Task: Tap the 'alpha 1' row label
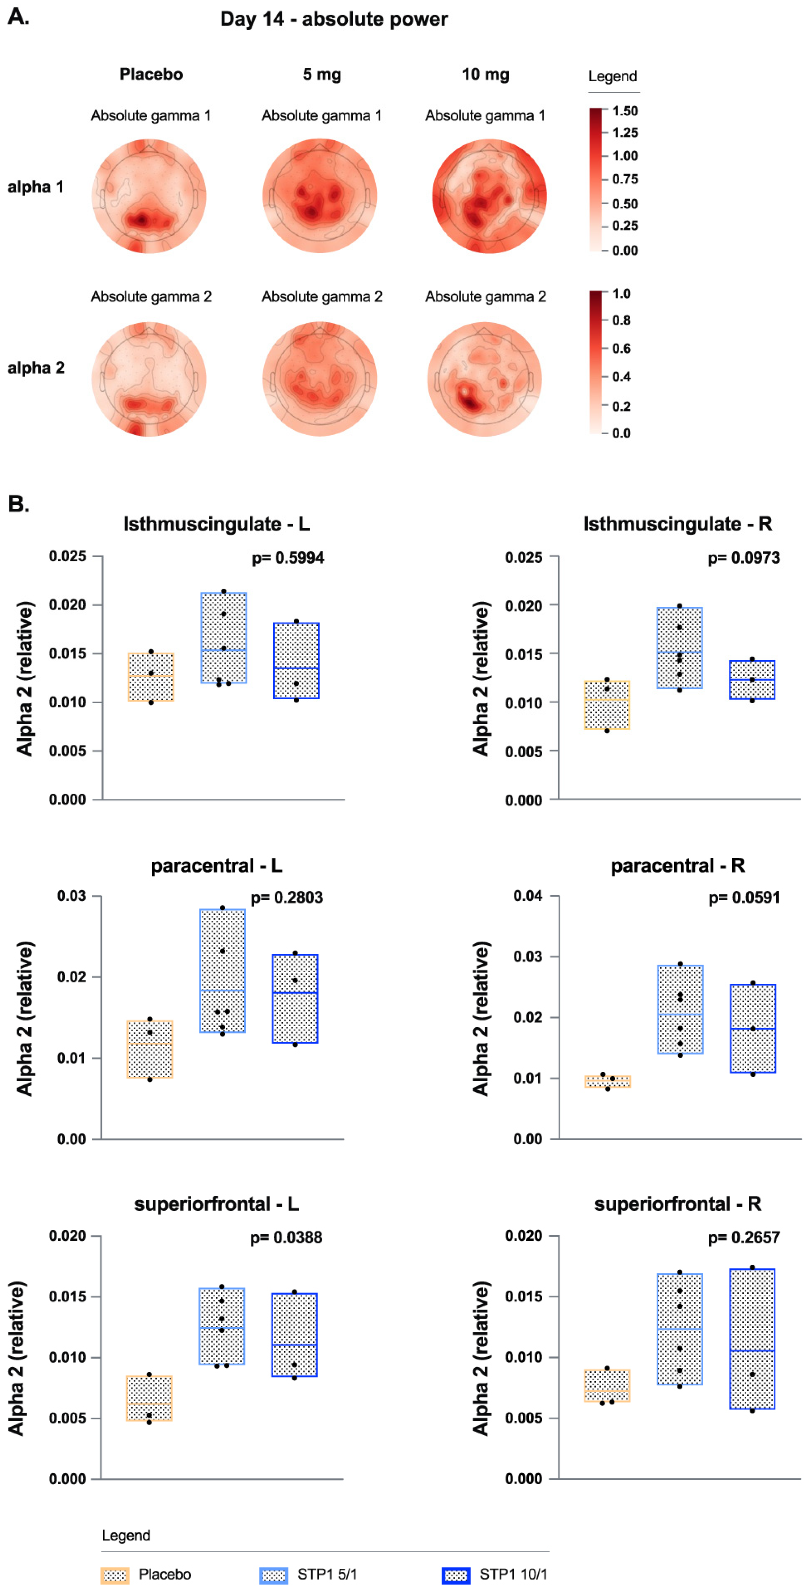pyautogui.click(x=36, y=186)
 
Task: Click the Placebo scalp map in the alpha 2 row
pyautogui.click(x=149, y=379)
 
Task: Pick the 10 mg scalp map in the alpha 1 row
pyautogui.click(x=489, y=196)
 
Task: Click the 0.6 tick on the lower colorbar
pyautogui.click(x=621, y=348)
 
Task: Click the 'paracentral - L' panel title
pyautogui.click(x=216, y=865)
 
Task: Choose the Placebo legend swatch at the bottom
pyautogui.click(x=115, y=1575)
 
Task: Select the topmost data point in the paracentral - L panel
pyautogui.click(x=222, y=908)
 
